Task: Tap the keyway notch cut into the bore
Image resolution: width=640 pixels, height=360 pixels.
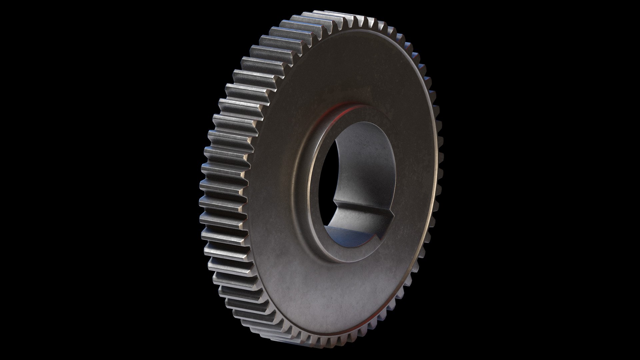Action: coord(363,217)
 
